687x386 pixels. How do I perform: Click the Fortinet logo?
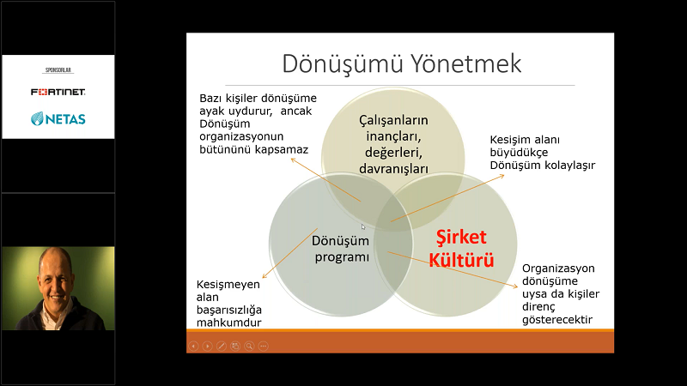tap(58, 92)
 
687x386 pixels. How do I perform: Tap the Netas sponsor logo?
tap(58, 118)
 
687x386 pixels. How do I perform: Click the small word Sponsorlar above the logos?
tap(58, 70)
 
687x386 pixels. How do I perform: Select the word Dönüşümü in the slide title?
tap(343, 63)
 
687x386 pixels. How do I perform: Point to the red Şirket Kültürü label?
tap(461, 248)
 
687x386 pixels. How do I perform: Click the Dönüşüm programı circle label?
tap(341, 249)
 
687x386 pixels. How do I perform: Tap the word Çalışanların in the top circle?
tap(393, 120)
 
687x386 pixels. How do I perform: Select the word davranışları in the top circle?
tap(393, 169)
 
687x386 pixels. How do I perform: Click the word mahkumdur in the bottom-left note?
tap(228, 323)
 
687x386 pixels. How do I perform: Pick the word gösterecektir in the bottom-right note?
tap(557, 319)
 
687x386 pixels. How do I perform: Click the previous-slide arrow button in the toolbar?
tap(193, 347)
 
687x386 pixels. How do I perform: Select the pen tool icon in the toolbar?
tap(222, 347)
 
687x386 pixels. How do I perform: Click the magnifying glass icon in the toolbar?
tap(249, 347)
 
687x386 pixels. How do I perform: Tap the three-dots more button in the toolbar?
tap(264, 347)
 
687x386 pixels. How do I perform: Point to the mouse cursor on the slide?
tap(362, 226)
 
